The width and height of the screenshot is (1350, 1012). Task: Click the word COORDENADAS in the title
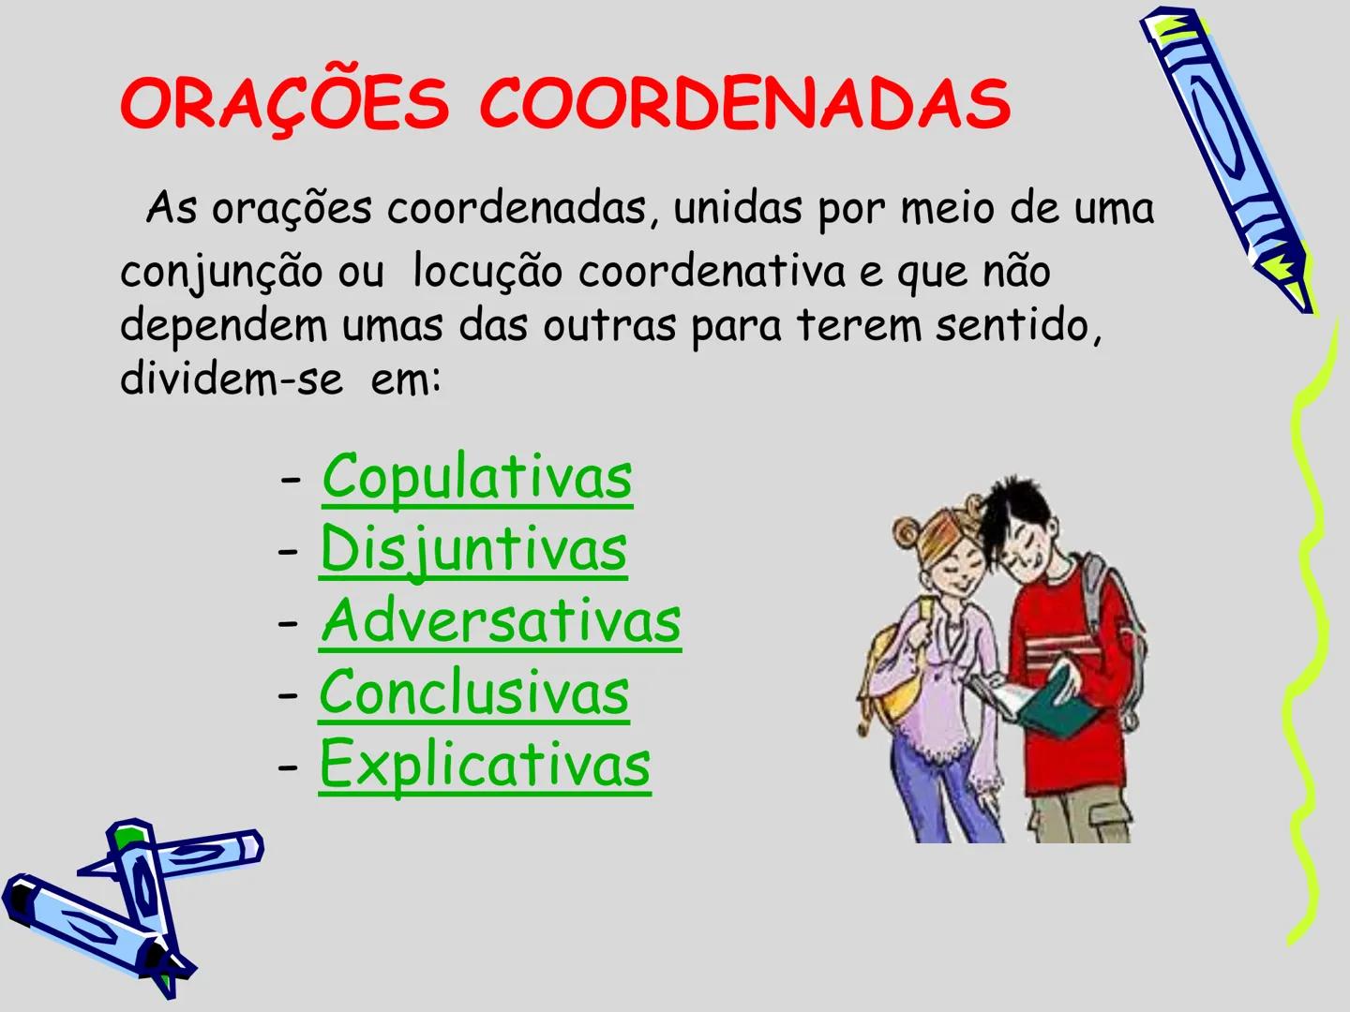click(x=745, y=103)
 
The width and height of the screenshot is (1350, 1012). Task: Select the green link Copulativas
click(x=477, y=478)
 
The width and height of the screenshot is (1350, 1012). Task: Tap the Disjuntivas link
click(x=473, y=549)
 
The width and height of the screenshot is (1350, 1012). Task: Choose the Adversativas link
click(x=501, y=621)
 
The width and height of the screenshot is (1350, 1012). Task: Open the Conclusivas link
click(x=473, y=693)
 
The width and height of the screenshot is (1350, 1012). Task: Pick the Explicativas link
click(x=485, y=765)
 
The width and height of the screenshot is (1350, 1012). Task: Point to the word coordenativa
click(x=712, y=272)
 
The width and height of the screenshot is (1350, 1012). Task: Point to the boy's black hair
click(x=1017, y=511)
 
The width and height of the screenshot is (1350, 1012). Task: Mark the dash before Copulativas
click(x=292, y=480)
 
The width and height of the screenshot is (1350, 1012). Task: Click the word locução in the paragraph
click(x=487, y=272)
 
